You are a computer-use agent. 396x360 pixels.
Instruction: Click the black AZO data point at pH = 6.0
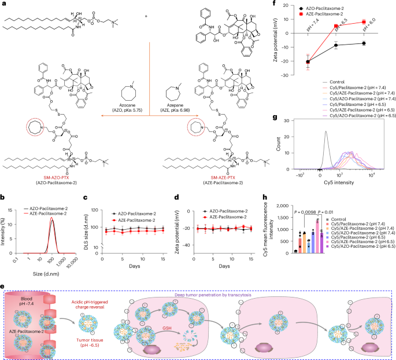tap(364, 43)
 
